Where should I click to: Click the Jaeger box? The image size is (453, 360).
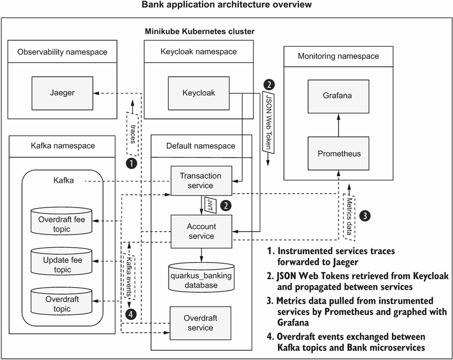[x=62, y=93]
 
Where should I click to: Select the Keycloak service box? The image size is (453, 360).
[x=199, y=93]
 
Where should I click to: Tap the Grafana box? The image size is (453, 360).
[x=339, y=96]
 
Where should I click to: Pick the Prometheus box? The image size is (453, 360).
[x=339, y=154]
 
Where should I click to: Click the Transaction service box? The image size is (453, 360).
[x=201, y=181]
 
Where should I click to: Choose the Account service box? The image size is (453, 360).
[x=201, y=231]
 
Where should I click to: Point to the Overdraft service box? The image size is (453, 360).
[x=200, y=323]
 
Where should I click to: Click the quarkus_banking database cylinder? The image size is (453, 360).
[x=201, y=277]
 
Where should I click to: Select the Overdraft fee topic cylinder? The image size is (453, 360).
[x=62, y=221]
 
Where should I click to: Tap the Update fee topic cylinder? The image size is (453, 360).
[x=62, y=261]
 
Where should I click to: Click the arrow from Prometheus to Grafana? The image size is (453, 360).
[x=339, y=125]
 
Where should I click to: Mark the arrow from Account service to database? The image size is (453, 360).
[x=201, y=255]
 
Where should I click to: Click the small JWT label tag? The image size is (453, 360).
[x=210, y=205]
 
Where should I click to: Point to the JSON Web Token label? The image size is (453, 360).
[x=269, y=122]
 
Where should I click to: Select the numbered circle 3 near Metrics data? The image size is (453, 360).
[x=365, y=216]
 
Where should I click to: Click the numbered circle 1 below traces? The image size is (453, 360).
[x=131, y=163]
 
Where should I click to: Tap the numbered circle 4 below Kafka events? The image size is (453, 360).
[x=131, y=314]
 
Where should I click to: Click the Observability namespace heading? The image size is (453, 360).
[x=62, y=52]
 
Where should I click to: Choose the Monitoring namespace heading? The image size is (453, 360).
[x=339, y=56]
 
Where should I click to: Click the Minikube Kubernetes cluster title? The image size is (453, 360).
[x=200, y=31]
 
